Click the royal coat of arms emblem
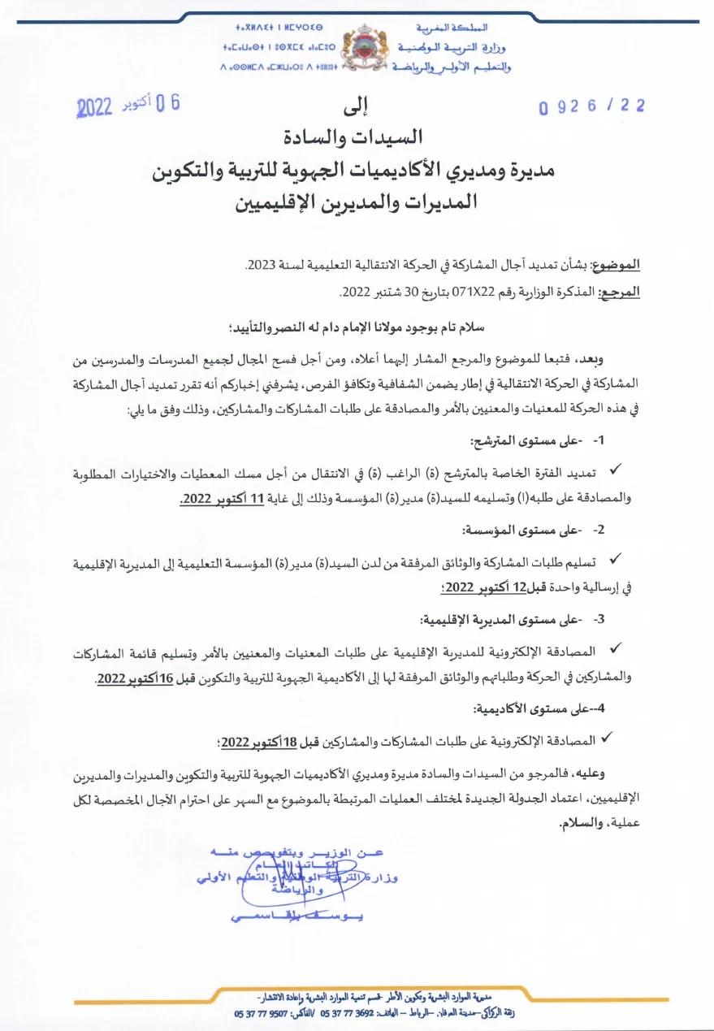pos(358,48)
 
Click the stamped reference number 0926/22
pos(593,106)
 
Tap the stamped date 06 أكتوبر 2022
pos(128,106)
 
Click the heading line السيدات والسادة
pos(357,138)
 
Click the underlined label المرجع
pos(620,291)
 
